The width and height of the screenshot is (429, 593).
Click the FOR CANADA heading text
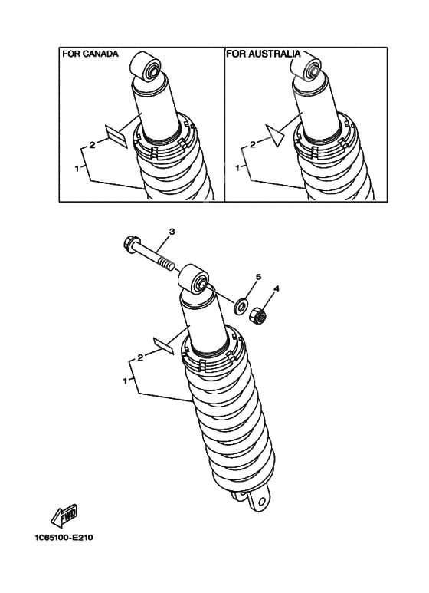point(90,54)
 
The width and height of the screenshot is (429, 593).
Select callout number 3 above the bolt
point(172,231)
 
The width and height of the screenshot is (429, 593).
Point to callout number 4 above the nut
point(277,289)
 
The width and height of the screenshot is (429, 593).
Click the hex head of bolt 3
point(130,245)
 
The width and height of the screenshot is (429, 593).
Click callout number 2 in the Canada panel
point(92,143)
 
